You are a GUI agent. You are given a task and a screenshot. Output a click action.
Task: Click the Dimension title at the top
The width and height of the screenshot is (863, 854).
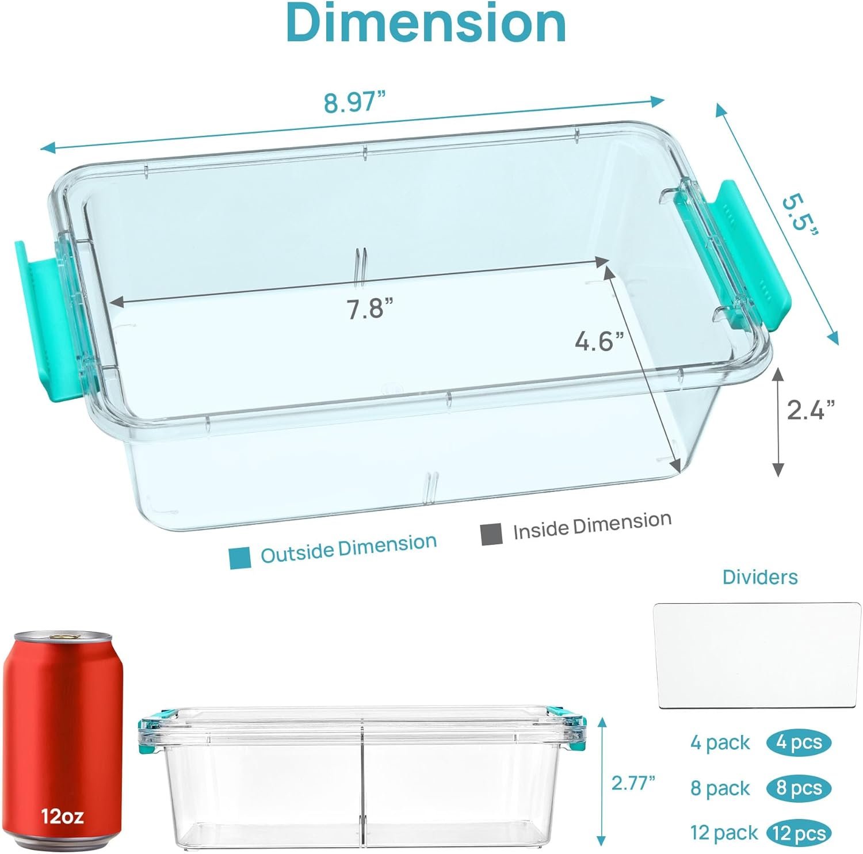426,23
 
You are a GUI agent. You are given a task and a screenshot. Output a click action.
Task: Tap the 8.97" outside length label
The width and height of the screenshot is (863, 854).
354,102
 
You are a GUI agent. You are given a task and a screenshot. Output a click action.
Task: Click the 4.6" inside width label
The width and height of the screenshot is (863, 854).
599,342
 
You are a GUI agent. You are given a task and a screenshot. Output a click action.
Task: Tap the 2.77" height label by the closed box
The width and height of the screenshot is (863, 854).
633,783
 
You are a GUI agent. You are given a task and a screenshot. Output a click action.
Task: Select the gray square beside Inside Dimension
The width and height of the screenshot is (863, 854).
491,534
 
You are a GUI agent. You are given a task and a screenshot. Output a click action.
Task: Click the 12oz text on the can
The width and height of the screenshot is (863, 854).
62,815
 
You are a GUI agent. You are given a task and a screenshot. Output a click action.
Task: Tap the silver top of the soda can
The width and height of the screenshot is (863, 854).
63,636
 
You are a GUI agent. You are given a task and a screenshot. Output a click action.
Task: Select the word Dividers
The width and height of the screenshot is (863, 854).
760,577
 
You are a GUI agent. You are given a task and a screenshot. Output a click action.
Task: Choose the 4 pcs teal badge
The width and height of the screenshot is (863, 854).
799,743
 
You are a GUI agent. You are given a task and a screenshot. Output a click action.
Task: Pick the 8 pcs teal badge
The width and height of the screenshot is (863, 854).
799,788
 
